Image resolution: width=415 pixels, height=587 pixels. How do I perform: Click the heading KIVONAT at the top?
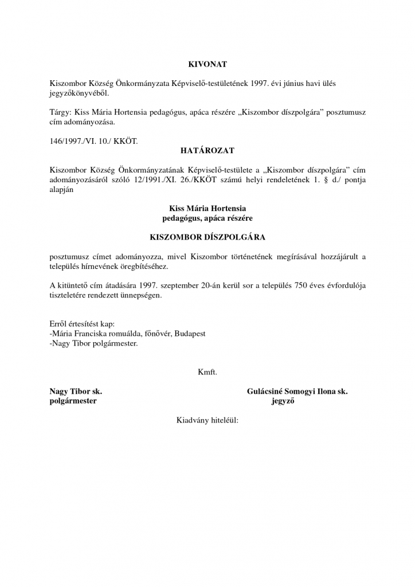click(207, 64)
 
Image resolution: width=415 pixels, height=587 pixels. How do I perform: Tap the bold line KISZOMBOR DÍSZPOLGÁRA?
click(207, 236)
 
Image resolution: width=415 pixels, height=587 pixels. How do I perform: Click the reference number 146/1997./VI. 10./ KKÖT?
click(94, 140)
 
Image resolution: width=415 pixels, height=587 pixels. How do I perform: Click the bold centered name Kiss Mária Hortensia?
click(207, 209)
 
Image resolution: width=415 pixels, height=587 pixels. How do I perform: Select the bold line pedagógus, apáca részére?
click(207, 218)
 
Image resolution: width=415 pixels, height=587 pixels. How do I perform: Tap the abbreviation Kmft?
click(207, 371)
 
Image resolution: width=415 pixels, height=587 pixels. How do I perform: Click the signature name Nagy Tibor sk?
click(76, 392)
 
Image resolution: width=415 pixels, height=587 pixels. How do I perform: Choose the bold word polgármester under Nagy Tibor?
click(73, 401)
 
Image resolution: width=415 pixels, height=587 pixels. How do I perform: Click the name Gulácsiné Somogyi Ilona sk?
click(297, 392)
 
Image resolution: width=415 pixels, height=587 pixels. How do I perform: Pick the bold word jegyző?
click(283, 401)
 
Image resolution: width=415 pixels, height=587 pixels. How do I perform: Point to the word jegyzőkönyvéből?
click(79, 93)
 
